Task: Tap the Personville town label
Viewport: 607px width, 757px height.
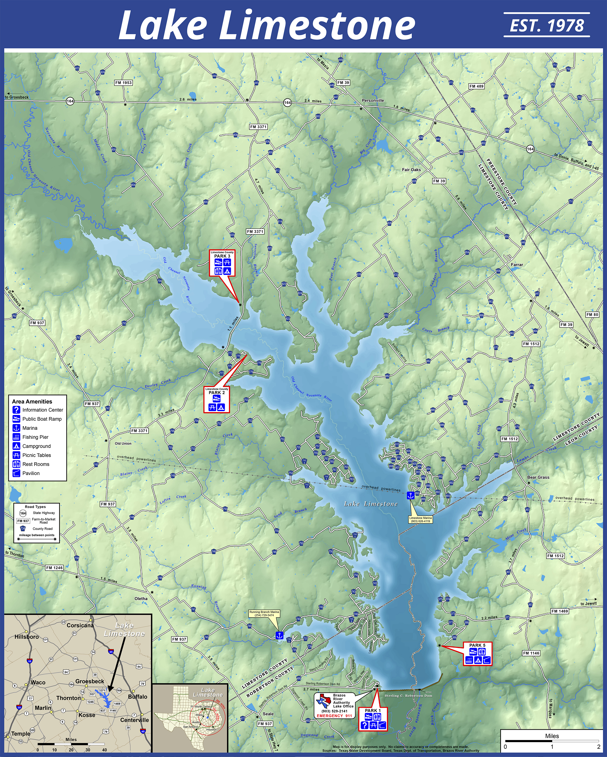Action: pyautogui.click(x=373, y=100)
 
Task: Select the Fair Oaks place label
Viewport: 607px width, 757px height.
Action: pyautogui.click(x=411, y=170)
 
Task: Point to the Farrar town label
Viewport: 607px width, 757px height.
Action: pyautogui.click(x=517, y=265)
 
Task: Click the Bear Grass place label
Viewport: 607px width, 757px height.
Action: pyautogui.click(x=538, y=477)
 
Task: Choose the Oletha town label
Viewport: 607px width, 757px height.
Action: pyautogui.click(x=141, y=598)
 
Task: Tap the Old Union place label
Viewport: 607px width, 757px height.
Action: pyautogui.click(x=123, y=443)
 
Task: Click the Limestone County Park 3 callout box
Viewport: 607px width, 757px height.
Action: pyautogui.click(x=222, y=263)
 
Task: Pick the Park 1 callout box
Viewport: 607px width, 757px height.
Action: pyautogui.click(x=373, y=718)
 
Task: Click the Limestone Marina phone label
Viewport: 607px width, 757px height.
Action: pyautogui.click(x=420, y=519)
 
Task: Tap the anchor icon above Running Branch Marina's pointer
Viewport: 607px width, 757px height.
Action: pyautogui.click(x=279, y=635)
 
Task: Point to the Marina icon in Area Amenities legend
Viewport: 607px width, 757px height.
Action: pyautogui.click(x=16, y=428)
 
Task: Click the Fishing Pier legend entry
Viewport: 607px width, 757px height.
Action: pyautogui.click(x=35, y=437)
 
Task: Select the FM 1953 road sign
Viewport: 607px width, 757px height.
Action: pyautogui.click(x=123, y=83)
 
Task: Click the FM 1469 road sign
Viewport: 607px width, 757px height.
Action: pyautogui.click(x=559, y=611)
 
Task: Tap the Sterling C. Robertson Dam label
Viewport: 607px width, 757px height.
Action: pyautogui.click(x=408, y=695)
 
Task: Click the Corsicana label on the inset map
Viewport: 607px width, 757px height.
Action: pyautogui.click(x=80, y=625)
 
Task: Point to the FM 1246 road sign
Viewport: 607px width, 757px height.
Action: pyautogui.click(x=54, y=568)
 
